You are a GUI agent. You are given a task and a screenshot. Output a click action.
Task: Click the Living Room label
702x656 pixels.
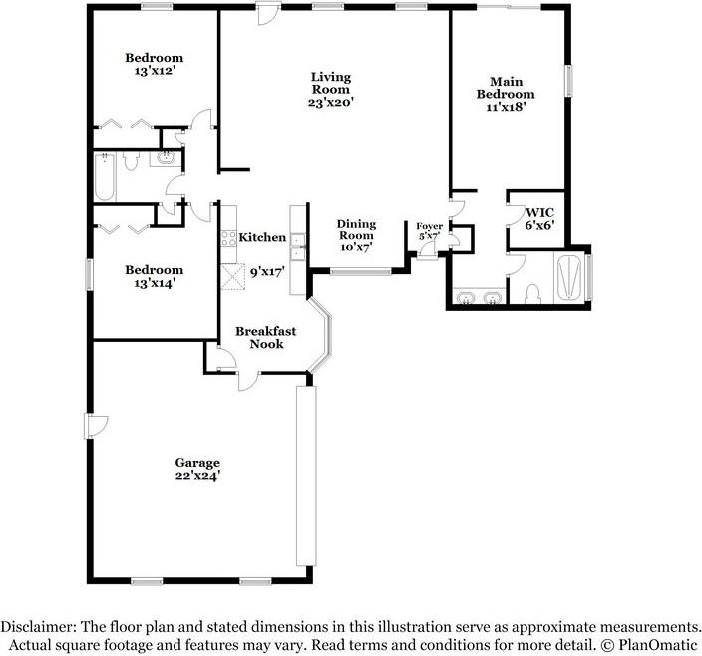[x=330, y=89]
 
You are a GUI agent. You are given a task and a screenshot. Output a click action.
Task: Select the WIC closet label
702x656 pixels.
[x=539, y=218]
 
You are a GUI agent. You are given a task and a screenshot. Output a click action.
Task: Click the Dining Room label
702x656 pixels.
[x=355, y=235]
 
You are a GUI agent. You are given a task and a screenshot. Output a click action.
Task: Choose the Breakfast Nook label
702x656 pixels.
[x=259, y=337]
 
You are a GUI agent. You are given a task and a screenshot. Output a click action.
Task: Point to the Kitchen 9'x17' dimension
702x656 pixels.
[x=267, y=270]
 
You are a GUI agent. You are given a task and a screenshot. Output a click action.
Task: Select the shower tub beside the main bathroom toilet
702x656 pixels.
[x=569, y=276]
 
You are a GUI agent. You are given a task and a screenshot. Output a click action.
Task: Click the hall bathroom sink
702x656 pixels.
[x=165, y=158]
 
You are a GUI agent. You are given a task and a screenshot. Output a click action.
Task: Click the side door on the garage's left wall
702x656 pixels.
[x=95, y=427]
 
